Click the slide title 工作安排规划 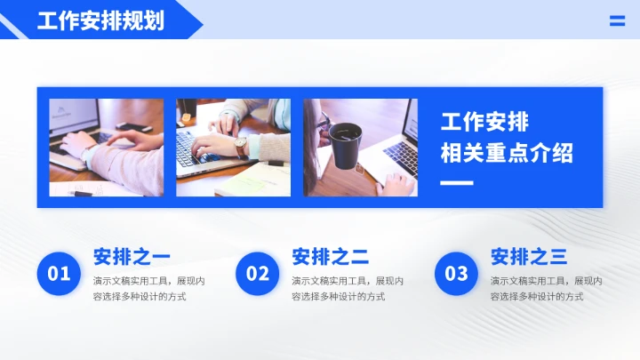point(100,20)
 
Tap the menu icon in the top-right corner point(617,21)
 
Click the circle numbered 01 point(59,274)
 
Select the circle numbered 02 point(258,274)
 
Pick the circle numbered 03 point(456,274)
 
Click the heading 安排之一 point(132,257)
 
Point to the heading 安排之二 point(330,257)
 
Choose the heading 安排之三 point(529,257)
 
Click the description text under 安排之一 point(148,288)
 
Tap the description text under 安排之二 point(348,288)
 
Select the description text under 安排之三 point(547,288)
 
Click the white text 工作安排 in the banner point(484,122)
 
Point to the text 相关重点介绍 point(507,153)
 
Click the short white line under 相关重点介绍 point(457,184)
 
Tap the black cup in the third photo point(345,141)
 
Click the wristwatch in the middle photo point(241,146)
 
